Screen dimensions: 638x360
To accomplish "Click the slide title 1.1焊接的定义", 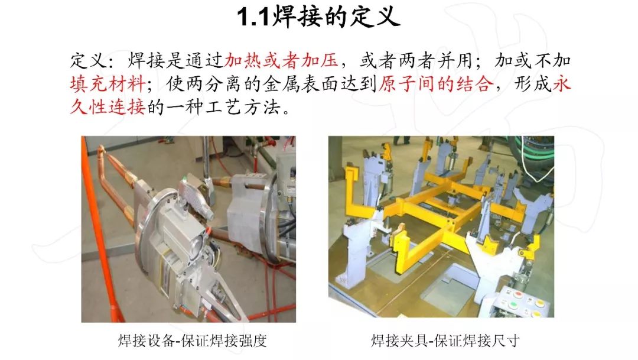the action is (318, 18).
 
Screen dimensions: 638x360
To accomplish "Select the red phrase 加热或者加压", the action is (281, 61).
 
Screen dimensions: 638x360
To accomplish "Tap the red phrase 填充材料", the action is (108, 85).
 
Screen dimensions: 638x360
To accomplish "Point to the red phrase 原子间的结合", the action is (435, 85).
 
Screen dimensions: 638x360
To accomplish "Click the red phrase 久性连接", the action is (108, 108).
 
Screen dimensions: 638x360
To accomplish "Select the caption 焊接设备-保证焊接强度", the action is (193, 340).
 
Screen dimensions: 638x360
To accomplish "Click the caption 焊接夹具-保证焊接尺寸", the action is (445, 340).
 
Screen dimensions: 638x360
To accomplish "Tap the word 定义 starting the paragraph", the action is (89, 61).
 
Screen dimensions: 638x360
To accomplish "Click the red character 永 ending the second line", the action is (562, 85).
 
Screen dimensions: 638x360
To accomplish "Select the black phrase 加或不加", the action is (533, 61).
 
